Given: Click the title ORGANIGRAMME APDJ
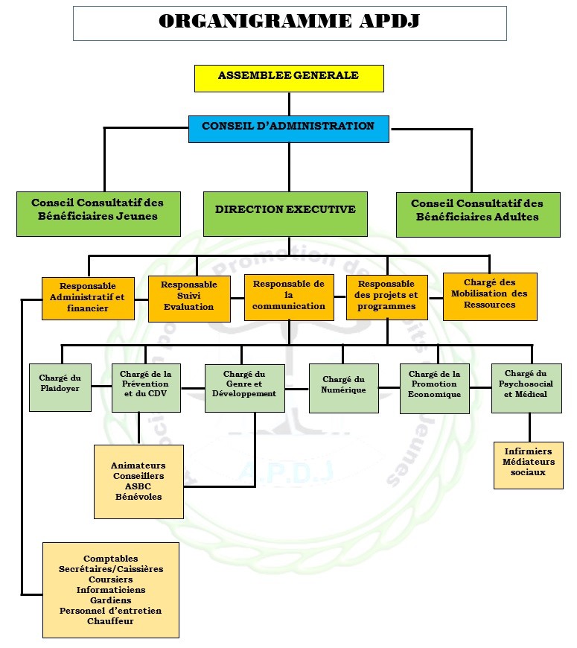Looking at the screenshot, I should coord(289,22).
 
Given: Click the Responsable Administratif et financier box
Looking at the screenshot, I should coord(88,298).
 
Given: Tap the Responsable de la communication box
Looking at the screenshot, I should coord(289,296).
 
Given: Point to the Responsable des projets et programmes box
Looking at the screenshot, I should coord(387,296).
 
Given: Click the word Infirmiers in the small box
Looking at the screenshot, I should coord(528,451).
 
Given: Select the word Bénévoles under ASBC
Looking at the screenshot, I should coord(138,497).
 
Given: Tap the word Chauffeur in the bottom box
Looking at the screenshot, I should coord(110,621).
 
